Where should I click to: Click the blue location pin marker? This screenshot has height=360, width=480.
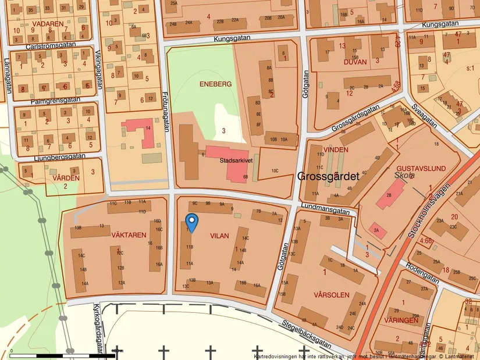point(191,222)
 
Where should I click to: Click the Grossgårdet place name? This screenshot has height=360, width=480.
point(328,177)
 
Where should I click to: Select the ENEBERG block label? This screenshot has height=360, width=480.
point(216,84)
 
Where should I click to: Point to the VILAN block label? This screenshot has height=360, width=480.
point(219,236)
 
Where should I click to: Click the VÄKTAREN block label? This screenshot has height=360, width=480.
point(129,235)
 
